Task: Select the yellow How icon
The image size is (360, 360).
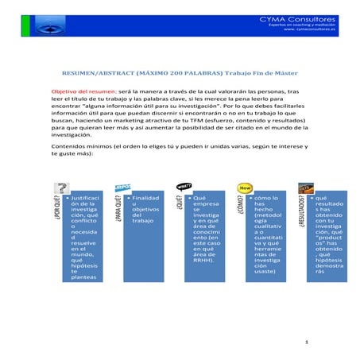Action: (x=245, y=188)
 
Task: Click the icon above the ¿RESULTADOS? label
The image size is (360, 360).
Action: (x=305, y=188)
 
